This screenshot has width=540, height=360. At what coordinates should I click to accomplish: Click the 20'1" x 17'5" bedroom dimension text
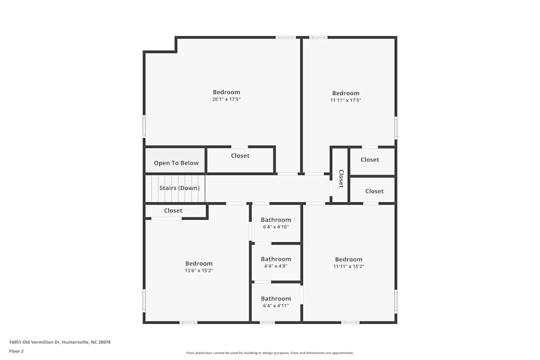pos(226,99)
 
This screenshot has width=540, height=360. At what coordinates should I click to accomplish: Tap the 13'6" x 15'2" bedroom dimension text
pos(199,270)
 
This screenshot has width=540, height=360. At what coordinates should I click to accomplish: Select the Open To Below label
pos(176,163)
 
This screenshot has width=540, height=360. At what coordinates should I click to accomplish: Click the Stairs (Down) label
pos(179,188)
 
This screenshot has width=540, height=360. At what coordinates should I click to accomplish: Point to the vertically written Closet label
pos(341,179)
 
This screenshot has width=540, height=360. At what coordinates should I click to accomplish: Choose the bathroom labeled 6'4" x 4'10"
pos(276,223)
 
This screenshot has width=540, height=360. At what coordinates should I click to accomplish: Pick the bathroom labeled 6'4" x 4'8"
pos(276,262)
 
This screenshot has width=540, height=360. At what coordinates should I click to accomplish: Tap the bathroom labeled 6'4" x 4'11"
pos(276,302)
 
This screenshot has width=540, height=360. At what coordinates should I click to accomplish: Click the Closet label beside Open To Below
pos(240,155)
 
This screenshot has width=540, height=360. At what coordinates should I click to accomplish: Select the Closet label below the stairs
pos(173,210)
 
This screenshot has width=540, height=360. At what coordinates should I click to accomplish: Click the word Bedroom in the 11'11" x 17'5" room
pos(346,93)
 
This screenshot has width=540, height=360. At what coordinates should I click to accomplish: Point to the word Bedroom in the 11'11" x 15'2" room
pos(349,259)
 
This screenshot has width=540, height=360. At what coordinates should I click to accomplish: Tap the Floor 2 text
pos(17,351)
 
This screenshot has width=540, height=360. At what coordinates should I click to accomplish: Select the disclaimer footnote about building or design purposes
pos(270,353)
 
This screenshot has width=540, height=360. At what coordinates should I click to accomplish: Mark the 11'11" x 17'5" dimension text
pos(346,100)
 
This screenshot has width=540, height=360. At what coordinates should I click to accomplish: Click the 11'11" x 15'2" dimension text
pos(349,266)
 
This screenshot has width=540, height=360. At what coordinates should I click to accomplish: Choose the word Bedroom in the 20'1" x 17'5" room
pos(226,92)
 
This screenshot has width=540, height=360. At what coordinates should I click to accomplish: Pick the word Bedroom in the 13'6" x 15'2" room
pos(199,263)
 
